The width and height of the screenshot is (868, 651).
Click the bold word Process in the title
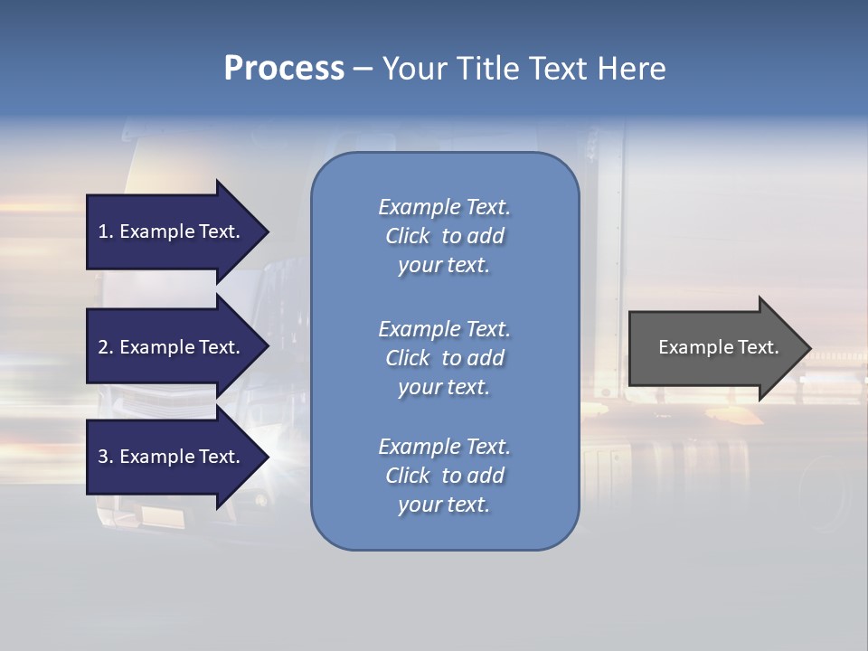(284, 69)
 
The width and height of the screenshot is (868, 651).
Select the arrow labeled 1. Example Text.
(172, 231)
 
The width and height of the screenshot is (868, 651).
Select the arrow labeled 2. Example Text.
(172, 347)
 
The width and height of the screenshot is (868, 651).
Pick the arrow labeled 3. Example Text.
(172, 457)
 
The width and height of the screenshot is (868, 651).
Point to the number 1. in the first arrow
(106, 231)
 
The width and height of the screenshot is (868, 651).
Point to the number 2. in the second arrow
(106, 347)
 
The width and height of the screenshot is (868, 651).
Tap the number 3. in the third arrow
(106, 457)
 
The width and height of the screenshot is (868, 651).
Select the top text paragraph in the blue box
(444, 236)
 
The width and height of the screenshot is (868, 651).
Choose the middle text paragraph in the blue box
(444, 358)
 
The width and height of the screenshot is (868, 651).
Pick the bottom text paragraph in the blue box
(444, 476)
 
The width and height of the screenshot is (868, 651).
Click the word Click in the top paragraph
(408, 236)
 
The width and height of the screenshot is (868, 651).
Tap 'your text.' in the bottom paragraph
(444, 505)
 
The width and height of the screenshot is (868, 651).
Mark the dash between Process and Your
(363, 69)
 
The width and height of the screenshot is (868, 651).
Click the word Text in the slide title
(558, 69)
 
